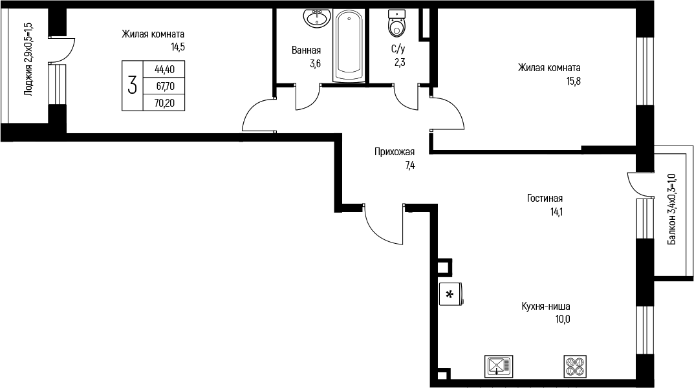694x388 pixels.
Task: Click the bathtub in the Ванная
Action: pyautogui.click(x=349, y=46)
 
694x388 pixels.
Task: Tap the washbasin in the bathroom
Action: pyautogui.click(x=317, y=17)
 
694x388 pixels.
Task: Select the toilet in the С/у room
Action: pyautogui.click(x=396, y=23)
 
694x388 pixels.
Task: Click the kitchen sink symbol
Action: pyautogui.click(x=499, y=366)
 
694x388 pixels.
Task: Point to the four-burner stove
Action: pyautogui.click(x=576, y=366)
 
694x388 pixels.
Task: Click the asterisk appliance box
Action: pyautogui.click(x=451, y=294)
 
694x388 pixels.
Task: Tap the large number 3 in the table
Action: pyautogui.click(x=132, y=85)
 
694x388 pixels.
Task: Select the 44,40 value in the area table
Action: pyautogui.click(x=164, y=69)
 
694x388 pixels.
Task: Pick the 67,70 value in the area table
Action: pyautogui.click(x=165, y=86)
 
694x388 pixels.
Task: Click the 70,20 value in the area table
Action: pyautogui.click(x=164, y=103)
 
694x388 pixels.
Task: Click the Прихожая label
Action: pyautogui.click(x=395, y=152)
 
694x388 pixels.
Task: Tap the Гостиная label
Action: pyautogui.click(x=545, y=198)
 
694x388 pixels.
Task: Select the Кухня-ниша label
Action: pyautogui.click(x=546, y=306)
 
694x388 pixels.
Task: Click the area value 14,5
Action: pyautogui.click(x=177, y=47)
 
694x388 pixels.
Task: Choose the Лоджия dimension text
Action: pyautogui.click(x=28, y=59)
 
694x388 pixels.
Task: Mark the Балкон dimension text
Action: pyautogui.click(x=672, y=210)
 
